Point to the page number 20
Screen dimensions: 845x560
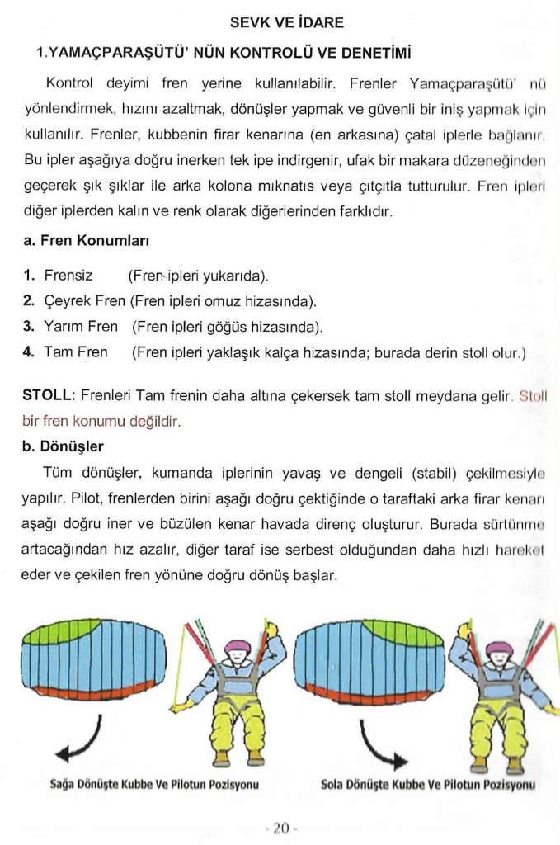[x=280, y=828]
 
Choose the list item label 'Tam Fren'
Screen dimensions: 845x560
[x=75, y=352]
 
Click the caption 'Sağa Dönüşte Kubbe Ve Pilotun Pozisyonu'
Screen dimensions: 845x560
[x=155, y=784]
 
